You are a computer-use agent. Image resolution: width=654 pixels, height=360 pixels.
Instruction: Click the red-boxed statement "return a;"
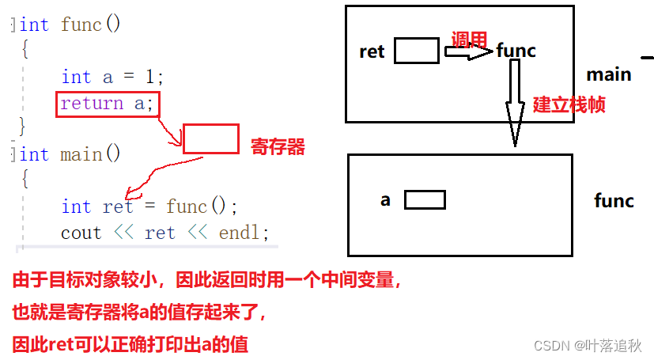click(x=108, y=104)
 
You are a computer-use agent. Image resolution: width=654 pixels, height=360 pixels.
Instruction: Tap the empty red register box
click(x=210, y=138)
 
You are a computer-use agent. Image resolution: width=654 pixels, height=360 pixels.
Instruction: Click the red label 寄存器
click(x=278, y=146)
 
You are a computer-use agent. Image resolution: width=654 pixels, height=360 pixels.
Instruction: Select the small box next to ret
click(x=416, y=51)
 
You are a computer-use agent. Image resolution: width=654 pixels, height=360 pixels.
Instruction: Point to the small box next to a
click(x=425, y=199)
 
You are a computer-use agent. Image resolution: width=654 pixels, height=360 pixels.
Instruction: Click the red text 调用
click(x=469, y=39)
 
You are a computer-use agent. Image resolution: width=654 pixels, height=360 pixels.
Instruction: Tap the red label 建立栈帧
click(x=569, y=104)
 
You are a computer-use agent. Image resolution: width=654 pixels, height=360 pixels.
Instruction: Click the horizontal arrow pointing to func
click(x=468, y=53)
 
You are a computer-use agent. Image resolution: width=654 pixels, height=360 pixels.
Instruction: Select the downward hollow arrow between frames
click(x=515, y=102)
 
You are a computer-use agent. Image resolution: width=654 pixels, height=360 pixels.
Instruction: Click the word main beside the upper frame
click(x=608, y=74)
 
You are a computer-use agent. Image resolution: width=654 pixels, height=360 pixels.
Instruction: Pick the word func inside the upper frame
click(x=516, y=51)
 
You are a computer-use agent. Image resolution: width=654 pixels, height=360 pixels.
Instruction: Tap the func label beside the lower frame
click(x=614, y=200)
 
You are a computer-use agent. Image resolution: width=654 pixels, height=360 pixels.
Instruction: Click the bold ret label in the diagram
click(x=372, y=52)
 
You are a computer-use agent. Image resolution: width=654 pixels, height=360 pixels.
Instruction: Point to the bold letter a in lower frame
click(x=385, y=199)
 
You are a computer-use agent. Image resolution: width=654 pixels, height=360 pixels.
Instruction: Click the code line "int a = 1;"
click(x=112, y=78)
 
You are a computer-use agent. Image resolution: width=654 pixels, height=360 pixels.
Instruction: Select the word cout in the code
click(x=81, y=233)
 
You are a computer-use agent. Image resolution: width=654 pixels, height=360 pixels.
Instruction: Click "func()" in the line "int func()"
click(x=91, y=25)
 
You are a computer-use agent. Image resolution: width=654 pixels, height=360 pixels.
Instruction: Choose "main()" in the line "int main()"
click(x=91, y=154)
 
